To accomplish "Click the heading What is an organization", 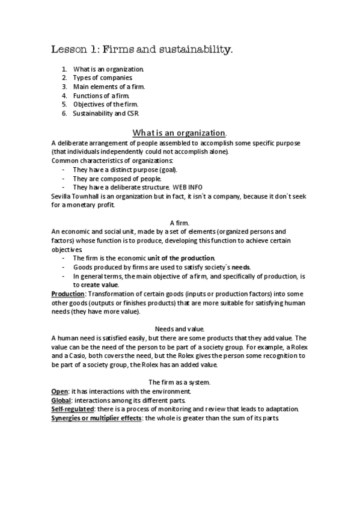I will [179, 132].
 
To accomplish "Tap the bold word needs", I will [242, 267].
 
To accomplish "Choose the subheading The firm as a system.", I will [179, 382].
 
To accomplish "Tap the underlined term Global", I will [62, 400].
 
